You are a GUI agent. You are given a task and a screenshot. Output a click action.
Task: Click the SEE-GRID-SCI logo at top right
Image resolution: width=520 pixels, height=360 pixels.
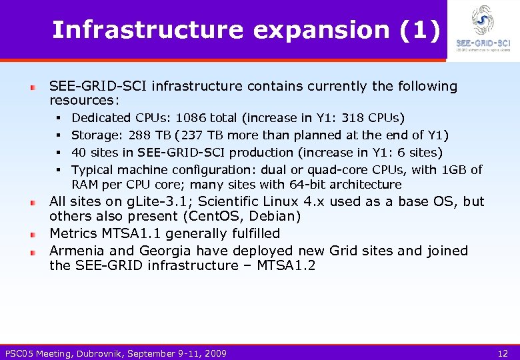[483, 29]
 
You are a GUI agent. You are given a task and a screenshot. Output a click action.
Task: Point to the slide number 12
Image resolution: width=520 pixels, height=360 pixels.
[503, 353]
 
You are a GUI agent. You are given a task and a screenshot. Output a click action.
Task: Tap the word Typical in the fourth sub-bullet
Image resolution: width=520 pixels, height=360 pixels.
[93, 170]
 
